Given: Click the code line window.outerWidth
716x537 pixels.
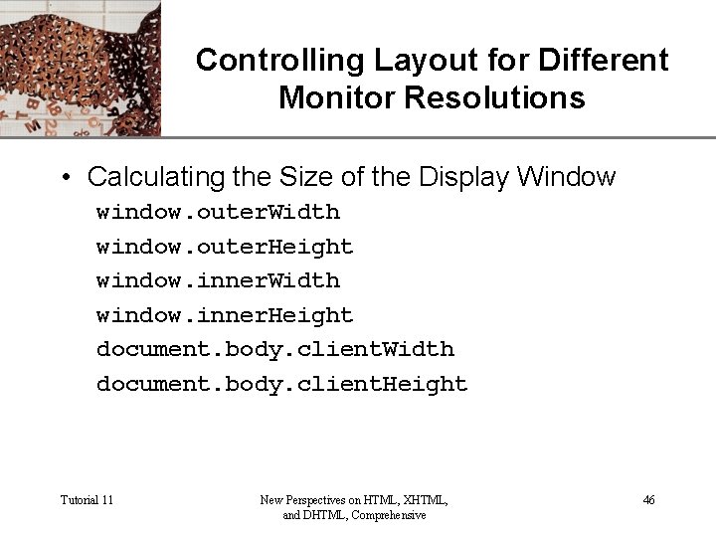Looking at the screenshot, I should pyautogui.click(x=218, y=213).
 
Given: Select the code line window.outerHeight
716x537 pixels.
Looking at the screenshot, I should pyautogui.click(x=225, y=247).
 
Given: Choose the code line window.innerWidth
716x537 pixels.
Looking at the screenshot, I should pyautogui.click(x=218, y=281).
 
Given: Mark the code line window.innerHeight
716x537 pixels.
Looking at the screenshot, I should pyautogui.click(x=225, y=316).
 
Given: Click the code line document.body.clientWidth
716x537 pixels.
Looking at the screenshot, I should pyautogui.click(x=274, y=350).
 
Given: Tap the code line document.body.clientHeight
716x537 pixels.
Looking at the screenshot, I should pyautogui.click(x=281, y=385).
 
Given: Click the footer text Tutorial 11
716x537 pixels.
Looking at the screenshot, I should pyautogui.click(x=87, y=500).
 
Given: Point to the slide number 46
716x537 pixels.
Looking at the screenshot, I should pyautogui.click(x=648, y=500).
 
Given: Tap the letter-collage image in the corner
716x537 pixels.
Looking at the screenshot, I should pyautogui.click(x=80, y=68).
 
